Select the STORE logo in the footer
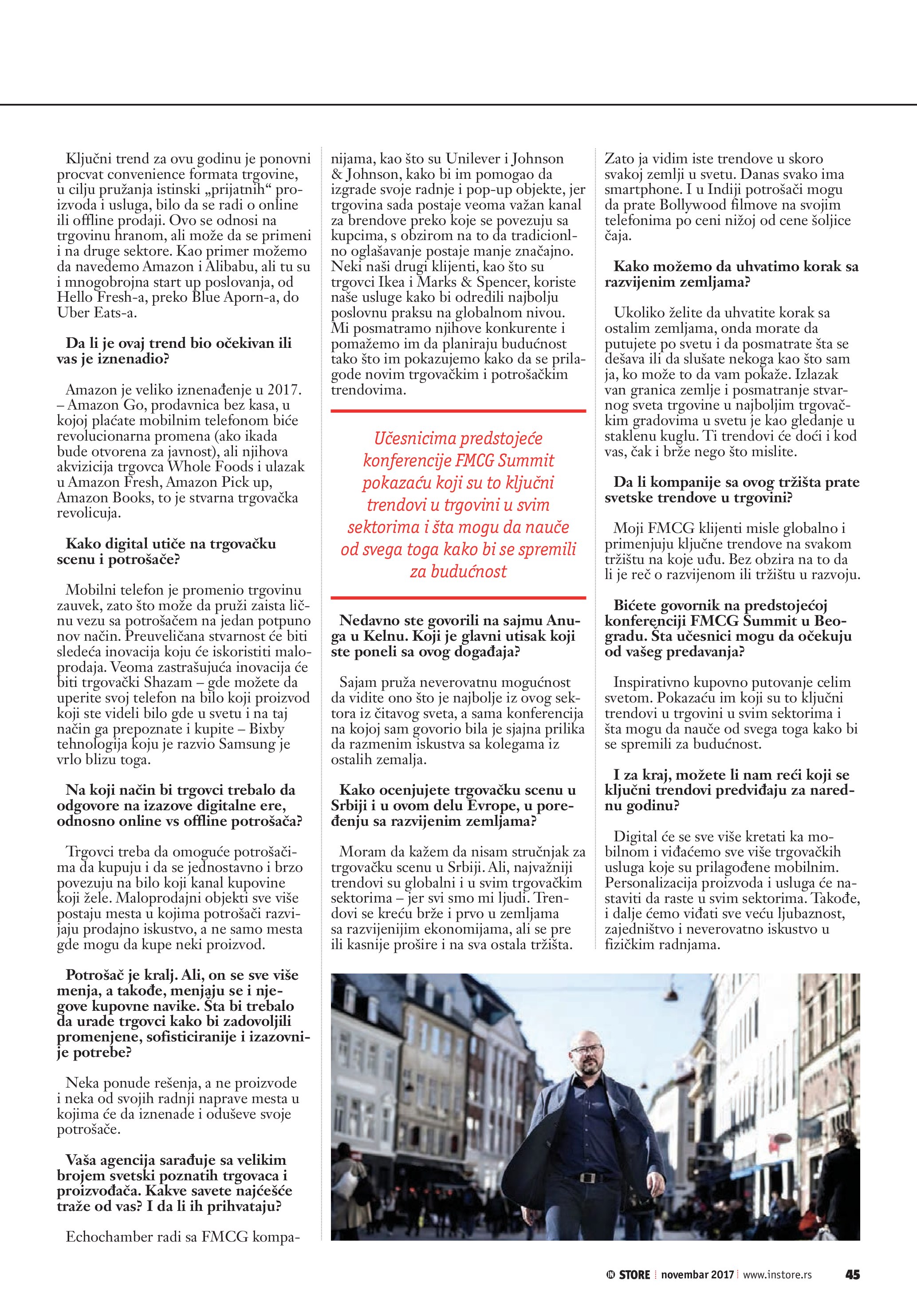(x=629, y=1274)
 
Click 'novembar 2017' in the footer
(x=697, y=1274)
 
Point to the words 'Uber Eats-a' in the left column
(x=97, y=312)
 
